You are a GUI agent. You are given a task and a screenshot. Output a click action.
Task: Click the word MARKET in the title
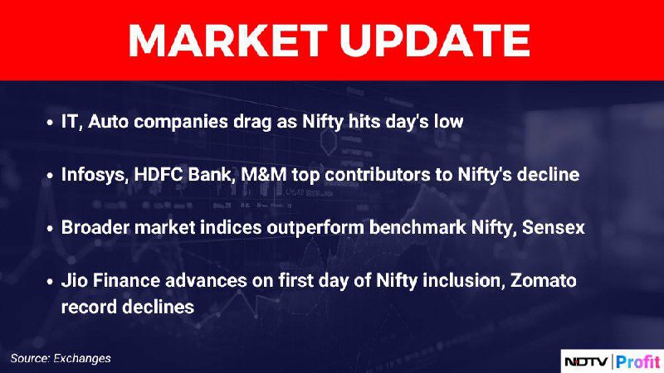pos(227,40)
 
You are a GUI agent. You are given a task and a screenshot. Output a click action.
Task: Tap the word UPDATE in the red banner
pos(434,40)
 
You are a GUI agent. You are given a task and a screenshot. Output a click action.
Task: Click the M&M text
pos(264,174)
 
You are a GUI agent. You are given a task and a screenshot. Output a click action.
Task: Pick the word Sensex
pos(553,227)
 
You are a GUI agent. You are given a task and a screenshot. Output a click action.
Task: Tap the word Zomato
pos(544,280)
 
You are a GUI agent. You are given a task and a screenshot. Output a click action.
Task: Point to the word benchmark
pos(417,227)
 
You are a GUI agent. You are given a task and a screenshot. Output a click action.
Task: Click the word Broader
pos(95,227)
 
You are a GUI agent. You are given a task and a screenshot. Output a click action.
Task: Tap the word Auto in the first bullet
pos(109,122)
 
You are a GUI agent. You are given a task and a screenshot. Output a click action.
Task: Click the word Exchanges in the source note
pos(82,359)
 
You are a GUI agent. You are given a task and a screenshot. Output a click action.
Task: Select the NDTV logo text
pos(586,362)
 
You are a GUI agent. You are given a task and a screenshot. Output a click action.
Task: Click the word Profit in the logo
pos(637,361)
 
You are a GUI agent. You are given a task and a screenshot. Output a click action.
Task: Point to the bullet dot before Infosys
pos(50,176)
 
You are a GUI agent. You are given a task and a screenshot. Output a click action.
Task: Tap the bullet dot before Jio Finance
pos(50,281)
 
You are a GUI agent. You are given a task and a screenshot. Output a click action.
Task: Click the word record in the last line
pos(87,307)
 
